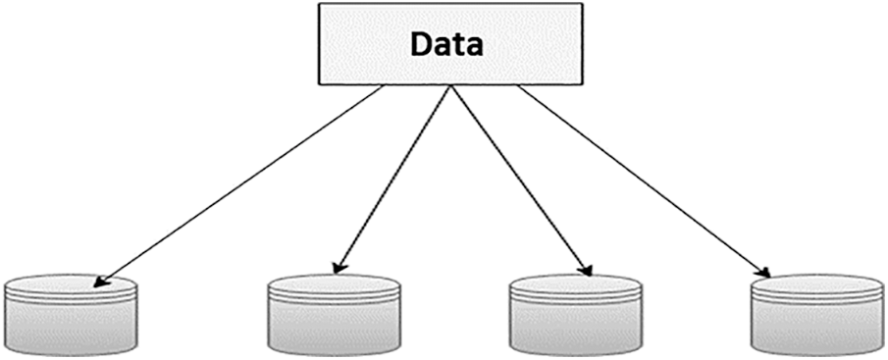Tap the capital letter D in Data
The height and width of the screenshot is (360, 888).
(421, 45)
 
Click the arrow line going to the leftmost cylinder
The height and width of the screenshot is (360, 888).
(245, 181)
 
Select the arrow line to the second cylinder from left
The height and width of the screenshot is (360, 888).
(392, 177)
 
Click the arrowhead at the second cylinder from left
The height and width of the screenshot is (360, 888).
(338, 266)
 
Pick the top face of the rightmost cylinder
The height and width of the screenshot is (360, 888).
(816, 287)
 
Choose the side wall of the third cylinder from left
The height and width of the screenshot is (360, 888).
(576, 329)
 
